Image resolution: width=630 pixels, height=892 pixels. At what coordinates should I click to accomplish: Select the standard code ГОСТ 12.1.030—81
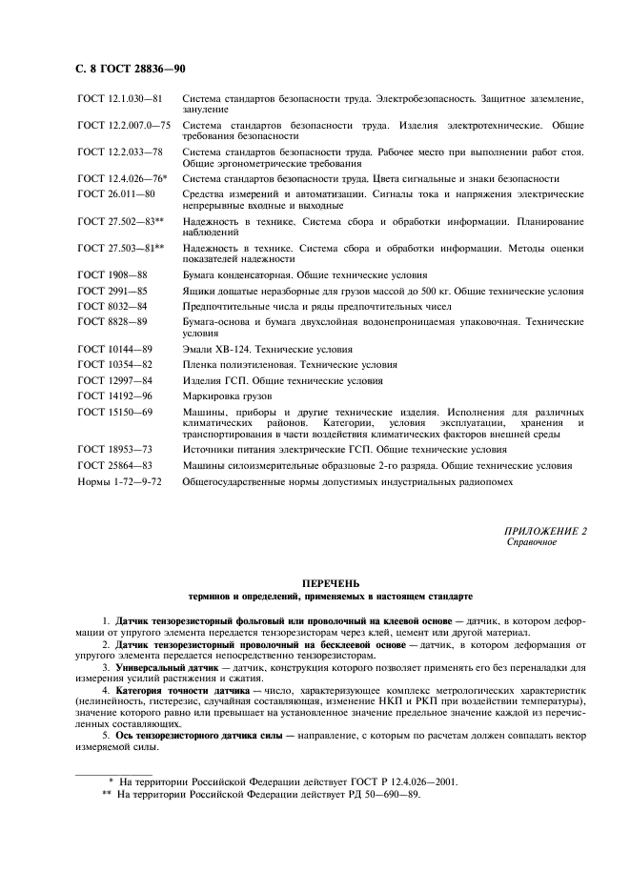(x=120, y=98)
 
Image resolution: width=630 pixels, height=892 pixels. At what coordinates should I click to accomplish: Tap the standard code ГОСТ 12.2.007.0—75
(x=124, y=125)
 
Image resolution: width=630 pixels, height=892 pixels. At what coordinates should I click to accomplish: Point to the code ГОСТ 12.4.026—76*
(x=122, y=178)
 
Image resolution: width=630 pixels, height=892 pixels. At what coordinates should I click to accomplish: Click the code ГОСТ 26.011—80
(x=116, y=193)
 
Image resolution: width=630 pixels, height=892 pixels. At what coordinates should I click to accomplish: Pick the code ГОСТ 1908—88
(x=112, y=274)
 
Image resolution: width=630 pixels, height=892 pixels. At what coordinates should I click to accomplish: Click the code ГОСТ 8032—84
(x=112, y=306)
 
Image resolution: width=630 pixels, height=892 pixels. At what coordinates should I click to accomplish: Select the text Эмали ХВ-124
(x=219, y=349)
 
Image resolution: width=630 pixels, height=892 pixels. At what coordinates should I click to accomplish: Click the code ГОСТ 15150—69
(x=115, y=411)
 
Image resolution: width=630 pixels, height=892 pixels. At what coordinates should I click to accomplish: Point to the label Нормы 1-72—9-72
(x=120, y=481)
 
